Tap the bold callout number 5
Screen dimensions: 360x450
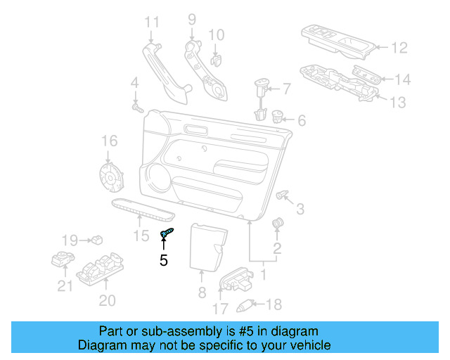[163, 260]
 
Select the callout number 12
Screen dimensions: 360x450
[399, 48]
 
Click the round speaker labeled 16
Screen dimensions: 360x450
[109, 176]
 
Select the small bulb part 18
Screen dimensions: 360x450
[245, 304]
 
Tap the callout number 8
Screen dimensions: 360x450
[202, 292]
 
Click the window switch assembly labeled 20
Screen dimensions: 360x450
[99, 271]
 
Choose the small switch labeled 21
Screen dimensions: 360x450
[64, 259]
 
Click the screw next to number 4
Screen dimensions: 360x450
[136, 109]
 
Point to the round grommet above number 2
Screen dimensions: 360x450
[276, 224]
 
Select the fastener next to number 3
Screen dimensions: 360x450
[283, 193]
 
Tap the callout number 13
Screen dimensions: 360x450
[397, 103]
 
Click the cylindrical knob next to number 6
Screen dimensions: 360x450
[277, 117]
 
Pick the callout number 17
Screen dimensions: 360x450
[220, 308]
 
